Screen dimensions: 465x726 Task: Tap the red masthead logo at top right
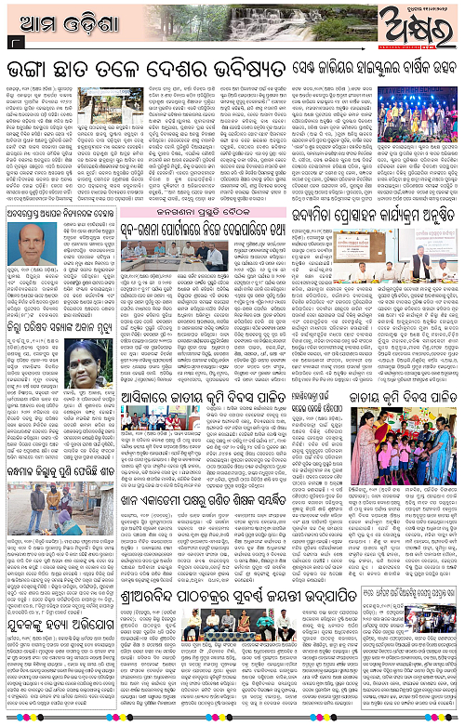click(x=423, y=23)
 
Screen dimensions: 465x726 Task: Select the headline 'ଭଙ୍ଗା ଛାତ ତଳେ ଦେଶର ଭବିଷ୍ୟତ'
click(x=158, y=69)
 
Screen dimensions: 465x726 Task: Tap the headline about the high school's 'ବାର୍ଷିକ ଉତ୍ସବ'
click(x=380, y=69)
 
